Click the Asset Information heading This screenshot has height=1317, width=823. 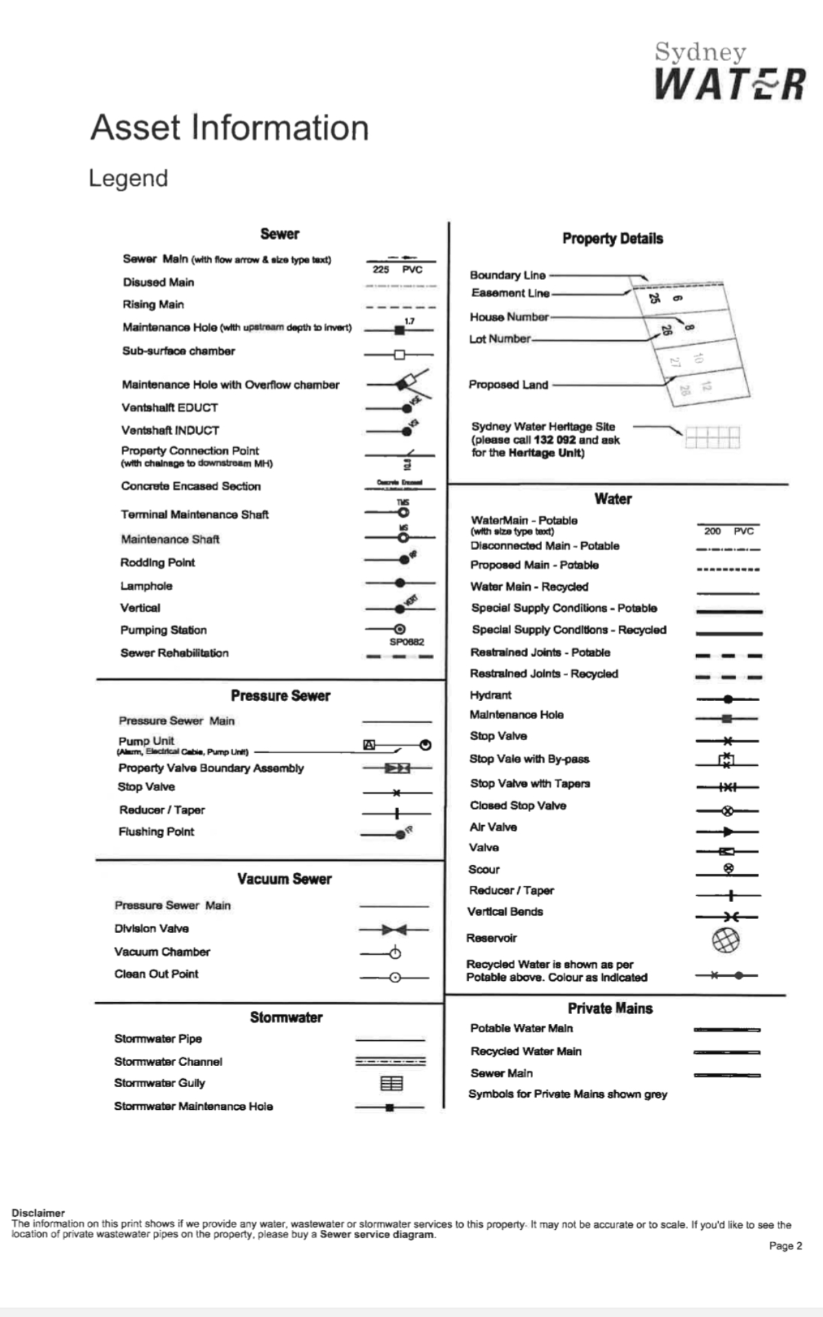pos(230,128)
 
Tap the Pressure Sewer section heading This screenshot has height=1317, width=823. pos(281,696)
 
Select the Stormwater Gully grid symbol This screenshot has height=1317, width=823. pos(392,1083)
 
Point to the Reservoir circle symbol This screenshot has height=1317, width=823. pos(726,939)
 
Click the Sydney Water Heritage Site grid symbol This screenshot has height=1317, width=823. pos(713,437)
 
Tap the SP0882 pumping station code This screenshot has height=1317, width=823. pos(407,642)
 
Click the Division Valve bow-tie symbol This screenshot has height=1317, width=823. pos(394,929)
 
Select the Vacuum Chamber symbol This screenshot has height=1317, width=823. pos(394,953)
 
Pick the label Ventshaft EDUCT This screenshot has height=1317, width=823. pos(169,407)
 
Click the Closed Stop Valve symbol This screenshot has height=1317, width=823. pos(728,811)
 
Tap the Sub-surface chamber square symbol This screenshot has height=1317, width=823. pos(399,355)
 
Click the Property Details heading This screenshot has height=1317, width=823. pos(612,239)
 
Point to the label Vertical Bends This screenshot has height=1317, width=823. pos(505,912)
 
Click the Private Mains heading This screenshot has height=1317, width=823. pos(610,1008)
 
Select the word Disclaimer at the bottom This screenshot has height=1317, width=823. pos(38,1212)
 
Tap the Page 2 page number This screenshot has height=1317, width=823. pos(785,1246)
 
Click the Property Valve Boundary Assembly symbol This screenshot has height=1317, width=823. pos(397,768)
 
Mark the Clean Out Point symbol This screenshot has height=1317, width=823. pos(395,977)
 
